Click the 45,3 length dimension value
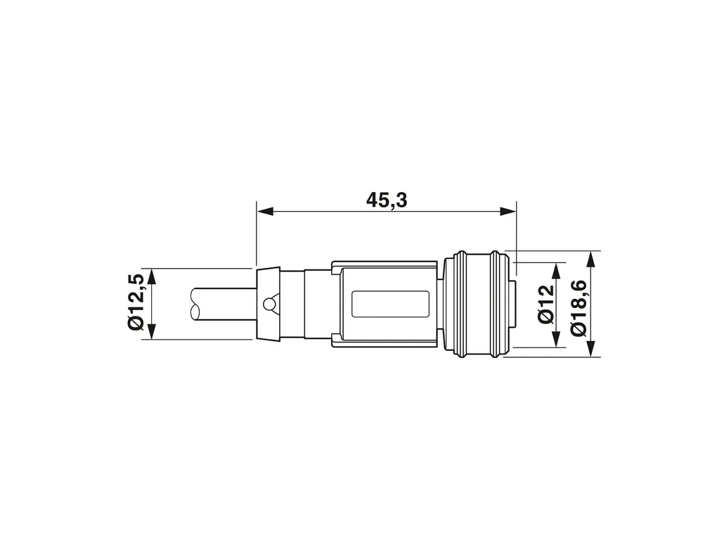[387, 200]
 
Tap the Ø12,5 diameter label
[137, 302]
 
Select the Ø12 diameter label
[546, 305]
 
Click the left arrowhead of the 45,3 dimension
[265, 212]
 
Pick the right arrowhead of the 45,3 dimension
[508, 212]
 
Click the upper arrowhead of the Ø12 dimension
[557, 271]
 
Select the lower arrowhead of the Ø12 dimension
[557, 339]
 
